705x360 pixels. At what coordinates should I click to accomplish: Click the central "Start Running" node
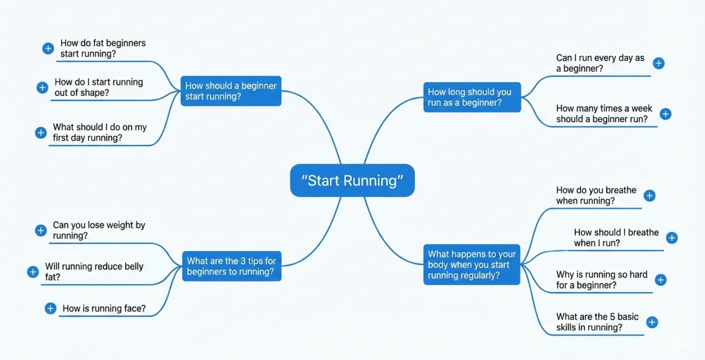352,180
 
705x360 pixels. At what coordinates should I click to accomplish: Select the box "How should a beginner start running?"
231,91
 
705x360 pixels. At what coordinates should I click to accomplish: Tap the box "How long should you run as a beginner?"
472,97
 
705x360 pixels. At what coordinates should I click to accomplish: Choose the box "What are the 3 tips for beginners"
231,266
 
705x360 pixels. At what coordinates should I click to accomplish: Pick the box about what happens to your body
472,265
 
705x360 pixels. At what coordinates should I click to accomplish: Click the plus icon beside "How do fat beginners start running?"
48,49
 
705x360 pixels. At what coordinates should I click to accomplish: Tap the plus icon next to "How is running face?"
50,308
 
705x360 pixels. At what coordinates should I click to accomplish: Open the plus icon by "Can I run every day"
658,63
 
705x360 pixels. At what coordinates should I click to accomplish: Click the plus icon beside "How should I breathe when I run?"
671,238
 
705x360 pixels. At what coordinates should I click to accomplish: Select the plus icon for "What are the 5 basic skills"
651,322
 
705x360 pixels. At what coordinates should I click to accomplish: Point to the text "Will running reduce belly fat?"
94,271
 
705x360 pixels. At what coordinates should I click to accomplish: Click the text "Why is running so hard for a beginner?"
601,279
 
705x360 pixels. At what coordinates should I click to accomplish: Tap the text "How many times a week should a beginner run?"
604,114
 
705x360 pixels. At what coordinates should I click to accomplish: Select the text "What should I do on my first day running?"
99,132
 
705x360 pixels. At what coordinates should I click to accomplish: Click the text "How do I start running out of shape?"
99,87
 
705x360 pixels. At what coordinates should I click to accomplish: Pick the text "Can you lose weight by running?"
99,230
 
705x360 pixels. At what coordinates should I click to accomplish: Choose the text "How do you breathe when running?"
596,195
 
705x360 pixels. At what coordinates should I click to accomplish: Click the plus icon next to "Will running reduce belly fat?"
33,272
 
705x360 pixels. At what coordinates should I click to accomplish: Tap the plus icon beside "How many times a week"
665,114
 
